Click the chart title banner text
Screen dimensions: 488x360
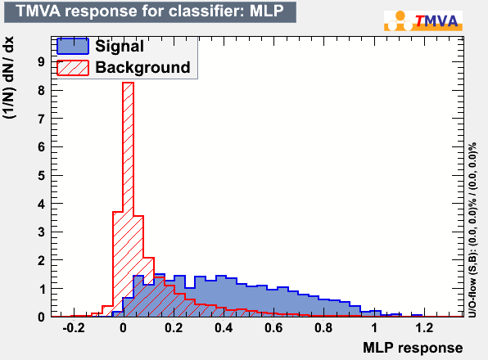click(150, 11)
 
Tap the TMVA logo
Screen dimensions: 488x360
click(423, 20)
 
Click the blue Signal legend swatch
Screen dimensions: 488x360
click(73, 46)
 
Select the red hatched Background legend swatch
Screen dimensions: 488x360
click(73, 67)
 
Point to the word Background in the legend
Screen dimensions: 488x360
click(142, 67)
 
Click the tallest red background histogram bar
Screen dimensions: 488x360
click(129, 200)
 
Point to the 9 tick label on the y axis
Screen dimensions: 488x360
click(42, 62)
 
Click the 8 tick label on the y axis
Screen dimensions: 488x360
click(42, 91)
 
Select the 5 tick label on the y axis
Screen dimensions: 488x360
click(42, 176)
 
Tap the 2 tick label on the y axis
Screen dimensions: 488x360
click(42, 260)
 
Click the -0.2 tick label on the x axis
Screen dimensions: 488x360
click(74, 327)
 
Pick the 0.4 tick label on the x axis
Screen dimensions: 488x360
click(224, 327)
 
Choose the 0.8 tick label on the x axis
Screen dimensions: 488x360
click(323, 327)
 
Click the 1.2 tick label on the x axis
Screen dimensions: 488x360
click(424, 327)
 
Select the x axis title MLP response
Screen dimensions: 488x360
click(413, 348)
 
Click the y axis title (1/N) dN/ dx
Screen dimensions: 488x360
click(9, 77)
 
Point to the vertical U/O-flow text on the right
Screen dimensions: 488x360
click(472, 230)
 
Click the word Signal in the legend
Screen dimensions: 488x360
click(120, 47)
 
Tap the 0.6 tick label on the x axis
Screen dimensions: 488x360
click(273, 327)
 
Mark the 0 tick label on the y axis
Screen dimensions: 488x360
click(42, 317)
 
